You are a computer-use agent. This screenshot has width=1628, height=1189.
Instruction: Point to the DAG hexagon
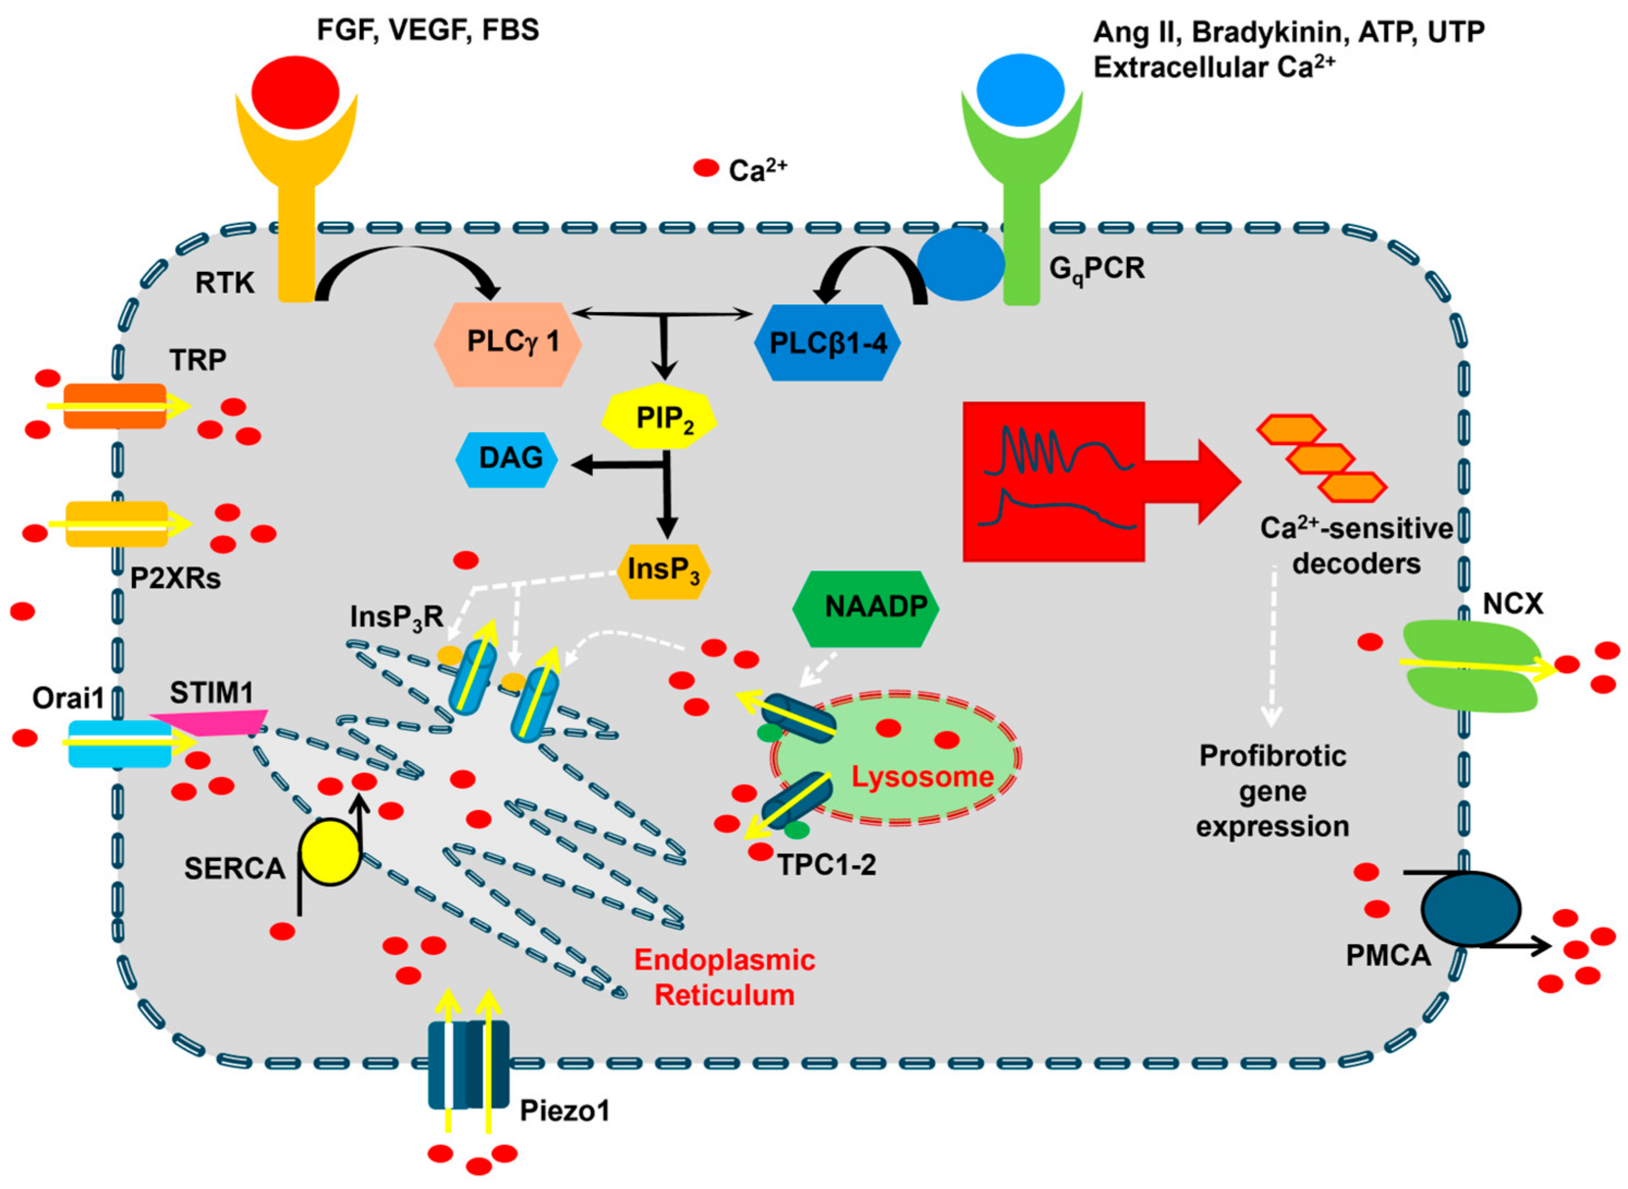click(x=508, y=459)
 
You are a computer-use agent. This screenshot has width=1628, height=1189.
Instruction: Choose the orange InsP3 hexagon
click(x=663, y=571)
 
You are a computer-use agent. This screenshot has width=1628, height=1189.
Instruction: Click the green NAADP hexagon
click(x=865, y=609)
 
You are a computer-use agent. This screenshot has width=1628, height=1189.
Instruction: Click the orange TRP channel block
click(x=115, y=407)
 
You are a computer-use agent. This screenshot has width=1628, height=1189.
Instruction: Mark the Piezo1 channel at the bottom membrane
click(x=469, y=1064)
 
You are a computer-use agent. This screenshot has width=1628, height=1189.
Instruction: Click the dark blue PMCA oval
click(x=1471, y=908)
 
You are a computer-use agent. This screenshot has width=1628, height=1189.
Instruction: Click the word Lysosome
click(x=922, y=777)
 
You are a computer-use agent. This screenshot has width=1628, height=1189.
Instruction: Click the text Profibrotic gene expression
click(x=1272, y=791)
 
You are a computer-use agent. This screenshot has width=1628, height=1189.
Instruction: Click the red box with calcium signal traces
click(x=1053, y=481)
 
